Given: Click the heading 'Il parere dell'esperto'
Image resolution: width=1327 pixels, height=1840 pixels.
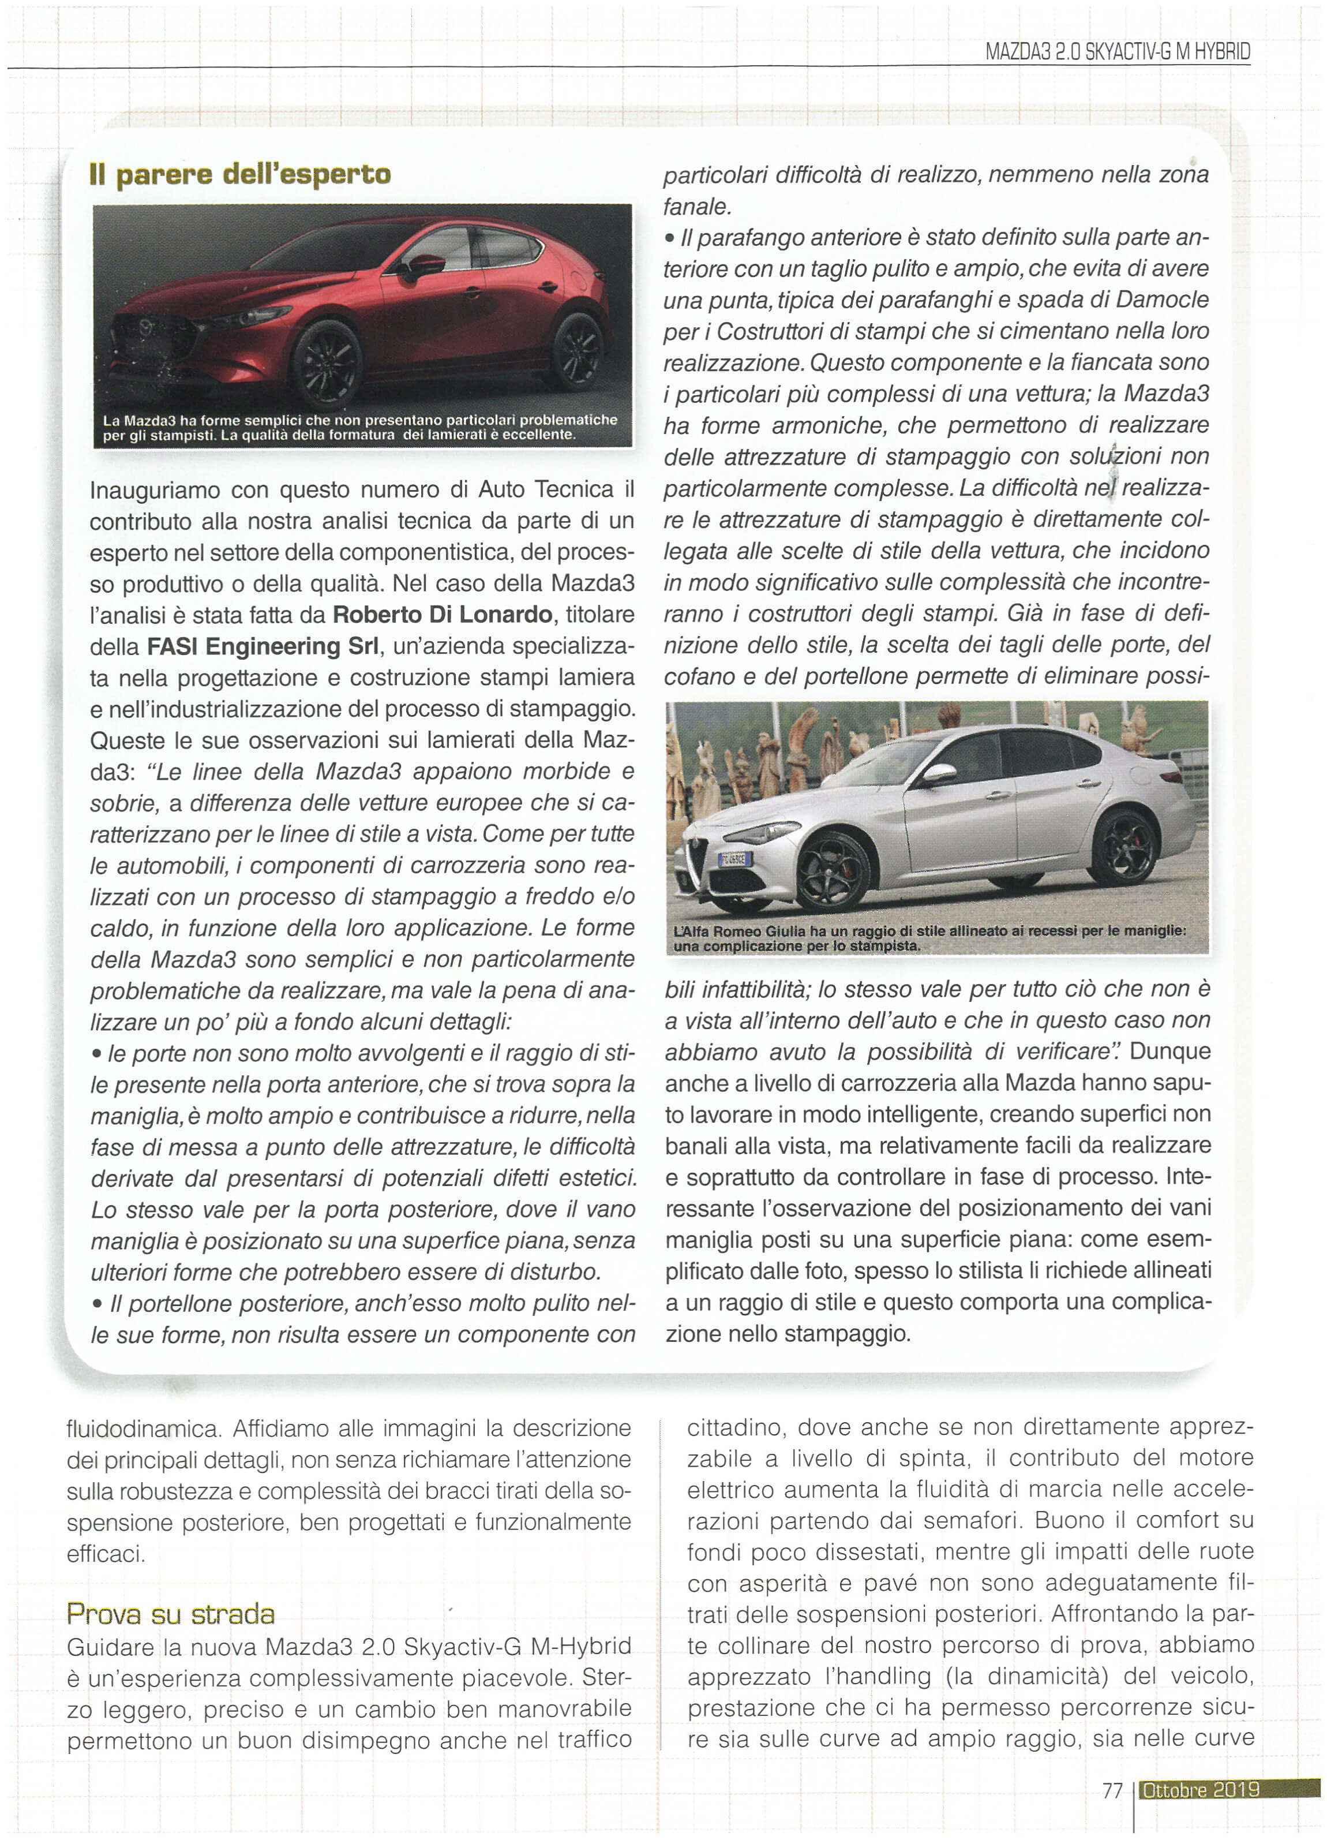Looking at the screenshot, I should [240, 174].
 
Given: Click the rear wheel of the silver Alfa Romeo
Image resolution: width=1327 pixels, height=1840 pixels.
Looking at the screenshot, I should [1124, 847].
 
